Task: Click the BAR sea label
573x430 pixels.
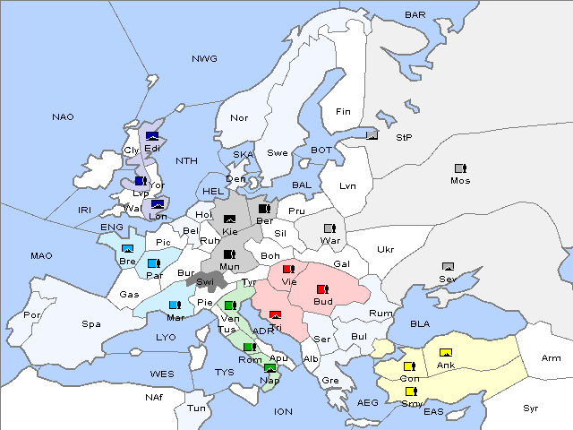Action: pos(415,15)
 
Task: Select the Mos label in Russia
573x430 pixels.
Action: pos(460,180)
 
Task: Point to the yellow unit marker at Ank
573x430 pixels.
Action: pos(445,352)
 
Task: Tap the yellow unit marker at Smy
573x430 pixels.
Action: pos(411,391)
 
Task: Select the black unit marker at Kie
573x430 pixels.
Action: pos(230,219)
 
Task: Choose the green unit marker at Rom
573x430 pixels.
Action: pos(249,347)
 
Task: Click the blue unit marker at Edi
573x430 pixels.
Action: pos(152,136)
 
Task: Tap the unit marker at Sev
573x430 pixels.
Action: pos(448,267)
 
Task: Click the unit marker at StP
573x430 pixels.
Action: pos(372,136)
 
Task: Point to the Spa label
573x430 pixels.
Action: pos(91,324)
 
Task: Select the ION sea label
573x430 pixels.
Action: pos(284,411)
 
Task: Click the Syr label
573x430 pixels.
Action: pos(532,407)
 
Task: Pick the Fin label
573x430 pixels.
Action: pos(343,112)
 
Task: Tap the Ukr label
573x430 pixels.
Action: pos(386,249)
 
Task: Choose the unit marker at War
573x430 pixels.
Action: pos(329,228)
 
